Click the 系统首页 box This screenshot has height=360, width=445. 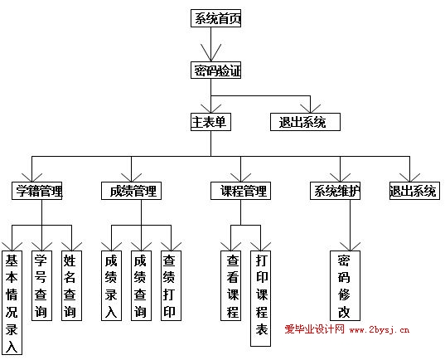tap(215, 18)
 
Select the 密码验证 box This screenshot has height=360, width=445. tap(215, 71)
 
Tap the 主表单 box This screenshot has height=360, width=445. tap(210, 122)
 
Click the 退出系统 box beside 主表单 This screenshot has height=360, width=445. tap(305, 122)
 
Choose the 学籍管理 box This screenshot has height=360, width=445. tap(37, 191)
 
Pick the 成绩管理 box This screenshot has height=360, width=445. tap(131, 191)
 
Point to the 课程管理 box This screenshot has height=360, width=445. tap(240, 191)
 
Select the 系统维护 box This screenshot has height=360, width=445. tap(335, 191)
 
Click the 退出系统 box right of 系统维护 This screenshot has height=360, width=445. tap(414, 191)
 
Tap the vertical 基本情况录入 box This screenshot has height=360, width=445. tap(12, 303)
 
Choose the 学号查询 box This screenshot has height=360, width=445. tap(41, 285)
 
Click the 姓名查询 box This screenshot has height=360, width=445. tap(71, 285)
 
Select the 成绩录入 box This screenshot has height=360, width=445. tap(112, 285)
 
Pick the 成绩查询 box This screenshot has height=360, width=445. tap(141, 285)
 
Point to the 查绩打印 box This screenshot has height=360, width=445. tap(171, 285)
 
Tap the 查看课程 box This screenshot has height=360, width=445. tap(230, 285)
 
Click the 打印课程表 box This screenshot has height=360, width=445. tap(260, 299)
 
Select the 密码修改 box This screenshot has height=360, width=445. tap(345, 285)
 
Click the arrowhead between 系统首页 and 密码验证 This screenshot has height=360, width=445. tap(210, 53)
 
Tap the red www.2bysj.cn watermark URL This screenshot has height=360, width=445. tap(380, 330)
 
